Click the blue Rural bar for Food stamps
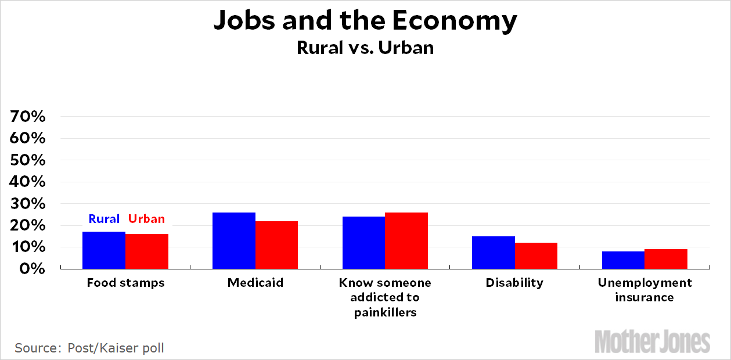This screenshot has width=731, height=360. (104, 250)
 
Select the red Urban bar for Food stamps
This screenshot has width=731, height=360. (147, 251)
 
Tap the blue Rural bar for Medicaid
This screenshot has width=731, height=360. (234, 240)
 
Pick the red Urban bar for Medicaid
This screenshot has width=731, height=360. (276, 245)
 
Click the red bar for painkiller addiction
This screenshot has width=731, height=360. (406, 240)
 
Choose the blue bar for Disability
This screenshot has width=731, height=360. (494, 253)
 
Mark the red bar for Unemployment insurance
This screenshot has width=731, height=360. (666, 259)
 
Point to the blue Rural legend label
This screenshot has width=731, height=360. (104, 219)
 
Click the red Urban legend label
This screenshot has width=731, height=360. (146, 219)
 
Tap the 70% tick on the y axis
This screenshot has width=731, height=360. (28, 117)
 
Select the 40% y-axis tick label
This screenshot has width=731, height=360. (28, 182)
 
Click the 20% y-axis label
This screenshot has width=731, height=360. (28, 225)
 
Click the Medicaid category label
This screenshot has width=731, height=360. (255, 283)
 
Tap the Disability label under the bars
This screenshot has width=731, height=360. (514, 283)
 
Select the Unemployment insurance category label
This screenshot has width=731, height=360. (644, 290)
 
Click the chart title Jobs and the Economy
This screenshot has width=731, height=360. (365, 21)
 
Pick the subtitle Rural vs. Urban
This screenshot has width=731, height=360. (365, 47)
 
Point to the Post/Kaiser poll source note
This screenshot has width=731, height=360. (89, 348)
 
